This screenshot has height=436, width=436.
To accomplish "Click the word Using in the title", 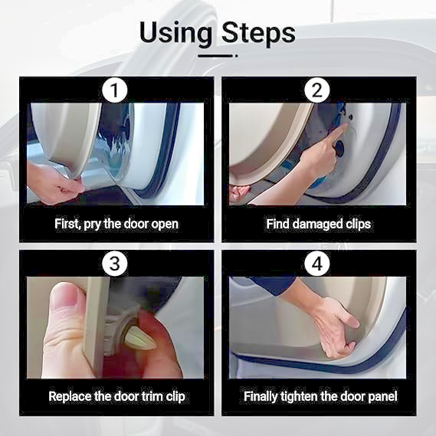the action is [175, 33].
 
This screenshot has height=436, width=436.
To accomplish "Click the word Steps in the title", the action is [258, 33].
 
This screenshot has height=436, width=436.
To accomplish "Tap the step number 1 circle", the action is [115, 90].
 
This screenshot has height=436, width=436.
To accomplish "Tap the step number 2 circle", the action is [317, 90].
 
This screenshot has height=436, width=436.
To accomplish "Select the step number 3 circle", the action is [115, 263].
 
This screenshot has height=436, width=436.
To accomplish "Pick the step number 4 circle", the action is [317, 263].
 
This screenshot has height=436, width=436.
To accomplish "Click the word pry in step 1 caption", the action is [92, 225].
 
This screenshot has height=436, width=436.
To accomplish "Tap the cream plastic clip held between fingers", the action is [139, 338].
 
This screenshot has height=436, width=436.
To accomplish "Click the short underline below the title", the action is [218, 56].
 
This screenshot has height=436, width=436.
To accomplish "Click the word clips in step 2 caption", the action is [358, 225].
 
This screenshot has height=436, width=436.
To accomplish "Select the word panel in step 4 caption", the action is [382, 396].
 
